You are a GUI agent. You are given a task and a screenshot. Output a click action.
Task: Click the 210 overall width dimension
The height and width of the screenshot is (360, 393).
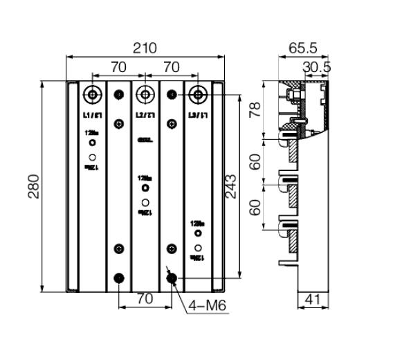point(145,48)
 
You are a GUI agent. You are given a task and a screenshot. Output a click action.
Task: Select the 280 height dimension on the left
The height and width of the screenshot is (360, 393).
point(34,186)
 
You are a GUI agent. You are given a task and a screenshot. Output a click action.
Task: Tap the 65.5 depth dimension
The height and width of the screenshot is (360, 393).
point(302,48)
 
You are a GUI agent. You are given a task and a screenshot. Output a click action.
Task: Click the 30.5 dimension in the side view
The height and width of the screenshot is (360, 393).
point(317,66)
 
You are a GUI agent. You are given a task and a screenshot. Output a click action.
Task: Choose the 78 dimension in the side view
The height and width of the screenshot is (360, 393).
point(255,109)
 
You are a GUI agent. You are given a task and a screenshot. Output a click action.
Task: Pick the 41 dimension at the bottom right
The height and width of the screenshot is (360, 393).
point(313,300)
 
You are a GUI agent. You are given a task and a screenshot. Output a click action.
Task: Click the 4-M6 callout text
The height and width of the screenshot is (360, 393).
point(204,305)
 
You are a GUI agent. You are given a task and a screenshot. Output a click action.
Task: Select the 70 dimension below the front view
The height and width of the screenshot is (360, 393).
point(145,300)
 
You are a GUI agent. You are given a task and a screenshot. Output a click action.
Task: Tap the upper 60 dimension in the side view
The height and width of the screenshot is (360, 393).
point(255,162)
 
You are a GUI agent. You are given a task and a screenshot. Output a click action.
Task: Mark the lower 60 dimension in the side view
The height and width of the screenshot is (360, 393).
point(255,207)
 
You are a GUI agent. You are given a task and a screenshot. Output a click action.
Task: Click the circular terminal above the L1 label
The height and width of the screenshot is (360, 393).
point(91,93)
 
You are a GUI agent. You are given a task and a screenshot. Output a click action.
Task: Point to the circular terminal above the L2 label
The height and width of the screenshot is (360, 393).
point(145,93)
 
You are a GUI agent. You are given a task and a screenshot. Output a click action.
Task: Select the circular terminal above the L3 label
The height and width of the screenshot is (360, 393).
point(199,93)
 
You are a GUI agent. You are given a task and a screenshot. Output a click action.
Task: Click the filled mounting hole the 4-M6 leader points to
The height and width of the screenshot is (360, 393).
point(172,278)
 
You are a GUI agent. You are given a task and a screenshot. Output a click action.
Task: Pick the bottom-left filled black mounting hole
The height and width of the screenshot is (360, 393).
point(119,278)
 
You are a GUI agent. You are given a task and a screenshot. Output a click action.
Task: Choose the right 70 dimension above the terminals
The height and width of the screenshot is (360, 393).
point(171,67)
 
